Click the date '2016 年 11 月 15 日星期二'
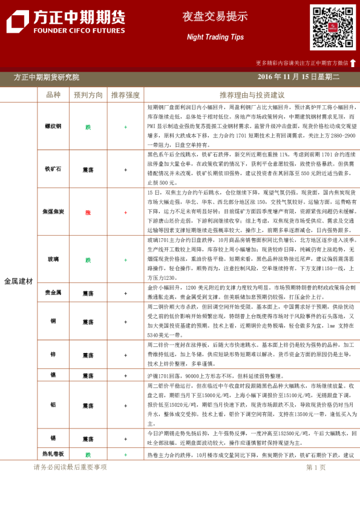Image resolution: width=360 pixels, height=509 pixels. coord(298,77)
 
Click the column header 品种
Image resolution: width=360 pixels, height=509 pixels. coord(53,95)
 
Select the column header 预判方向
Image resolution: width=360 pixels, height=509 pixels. coord(88,95)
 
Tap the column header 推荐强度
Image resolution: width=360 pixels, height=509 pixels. coord(125,95)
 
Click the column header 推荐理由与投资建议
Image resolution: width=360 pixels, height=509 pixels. coord(252,95)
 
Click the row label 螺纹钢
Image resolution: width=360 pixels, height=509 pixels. coord(53,127)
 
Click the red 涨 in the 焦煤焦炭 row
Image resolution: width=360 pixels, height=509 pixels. coord(88,212)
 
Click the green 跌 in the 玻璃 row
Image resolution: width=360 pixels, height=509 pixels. coord(88,260)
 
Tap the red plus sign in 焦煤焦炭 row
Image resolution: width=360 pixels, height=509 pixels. coord(125,212)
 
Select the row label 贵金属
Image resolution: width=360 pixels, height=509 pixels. coord(53,293)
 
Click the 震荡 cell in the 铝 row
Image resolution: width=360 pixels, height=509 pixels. coord(88,406)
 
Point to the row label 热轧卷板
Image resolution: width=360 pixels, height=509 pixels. coord(53,454)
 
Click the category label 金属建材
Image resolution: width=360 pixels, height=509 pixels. coord(18,281)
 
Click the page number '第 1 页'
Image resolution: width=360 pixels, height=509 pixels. coord(316,467)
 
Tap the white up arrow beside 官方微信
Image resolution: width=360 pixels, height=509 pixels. coord(353,63)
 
